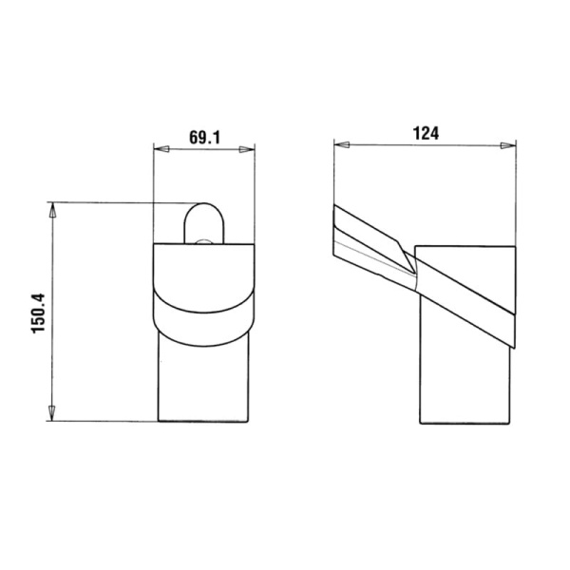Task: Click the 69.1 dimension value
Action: point(204,138)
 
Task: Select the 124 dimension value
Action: point(426,133)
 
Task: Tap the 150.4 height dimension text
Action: point(38,313)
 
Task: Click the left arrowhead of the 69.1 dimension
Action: point(161,149)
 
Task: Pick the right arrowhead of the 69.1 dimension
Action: point(247,149)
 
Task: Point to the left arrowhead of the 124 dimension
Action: point(342,145)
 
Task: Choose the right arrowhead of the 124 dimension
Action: point(508,145)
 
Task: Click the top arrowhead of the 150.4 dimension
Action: point(52,210)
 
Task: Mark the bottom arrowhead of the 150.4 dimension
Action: point(52,413)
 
